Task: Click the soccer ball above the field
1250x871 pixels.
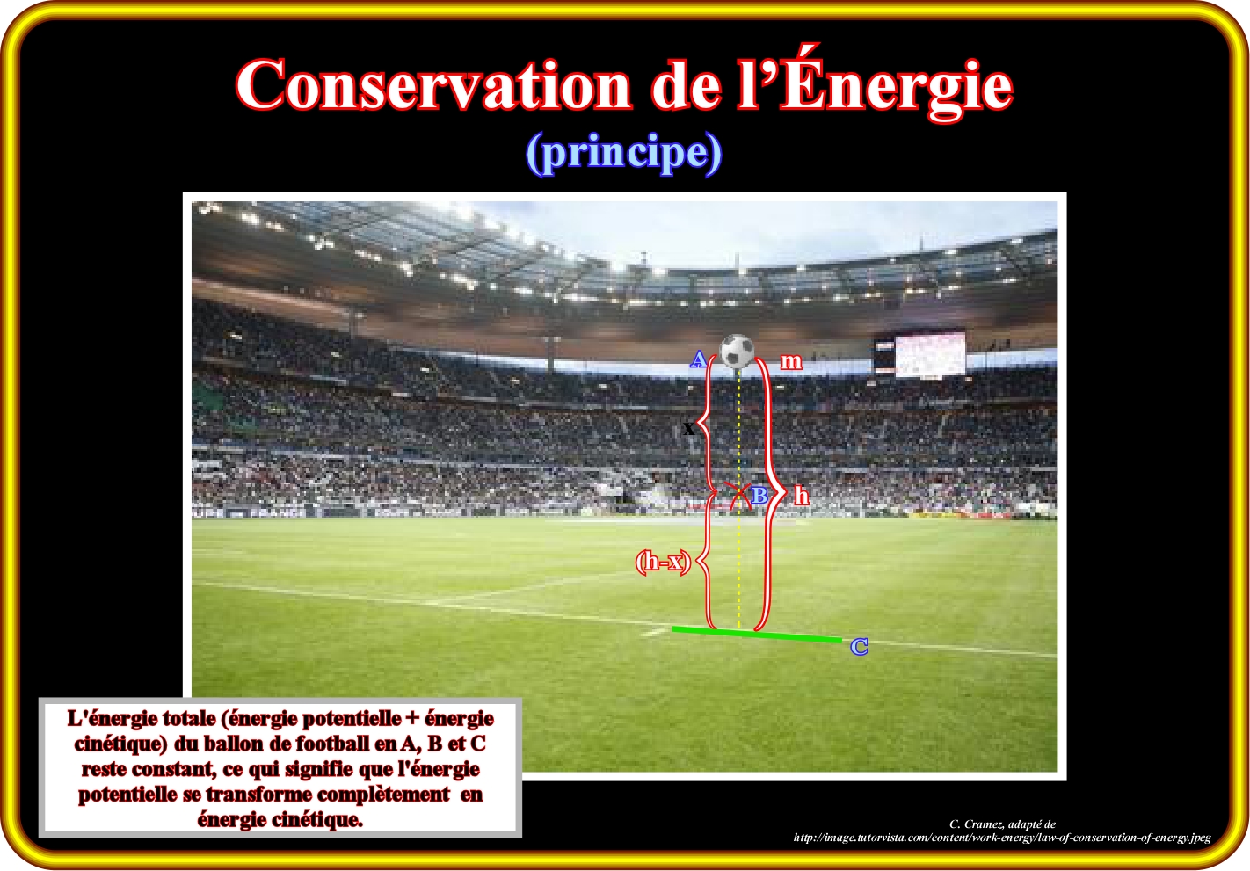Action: coord(738,351)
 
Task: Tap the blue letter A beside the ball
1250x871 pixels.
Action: coord(698,359)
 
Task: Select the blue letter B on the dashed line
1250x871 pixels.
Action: coord(759,496)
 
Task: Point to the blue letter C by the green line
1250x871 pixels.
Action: coord(860,647)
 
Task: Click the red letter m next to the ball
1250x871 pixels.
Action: coord(791,361)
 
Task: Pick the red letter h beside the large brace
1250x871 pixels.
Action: coord(801,495)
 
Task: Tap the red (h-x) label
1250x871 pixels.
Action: coord(664,562)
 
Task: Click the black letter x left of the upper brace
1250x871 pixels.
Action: coord(688,429)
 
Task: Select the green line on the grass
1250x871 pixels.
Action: coord(757,635)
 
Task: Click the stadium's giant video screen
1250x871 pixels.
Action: coord(930,353)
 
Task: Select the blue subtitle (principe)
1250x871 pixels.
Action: coord(624,153)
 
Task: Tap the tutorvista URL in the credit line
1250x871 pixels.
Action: coord(1002,838)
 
